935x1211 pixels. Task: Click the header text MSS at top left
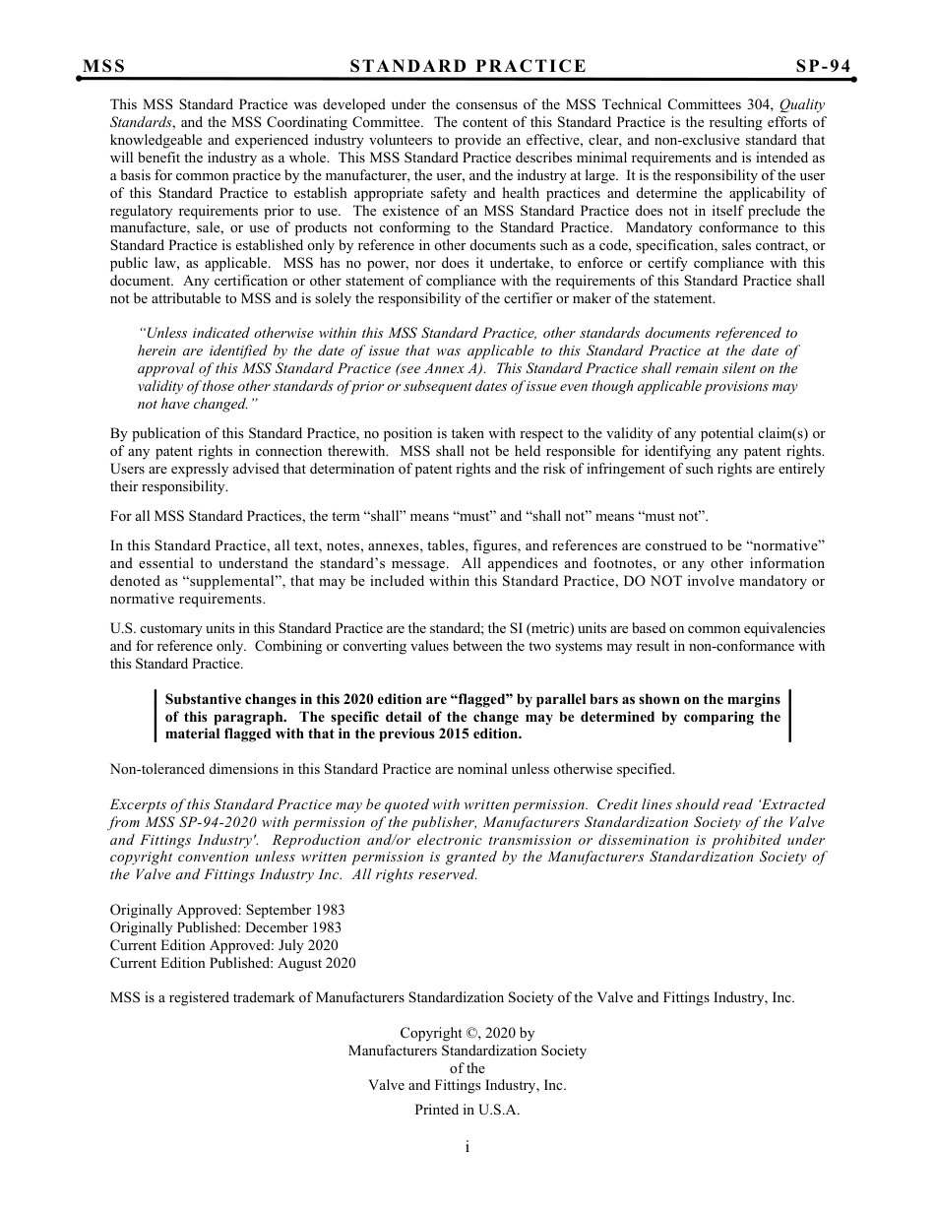click(x=104, y=67)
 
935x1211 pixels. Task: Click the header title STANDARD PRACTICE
click(x=467, y=67)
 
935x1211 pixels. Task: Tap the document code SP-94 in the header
click(x=823, y=67)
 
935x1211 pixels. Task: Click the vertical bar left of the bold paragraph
click(x=156, y=716)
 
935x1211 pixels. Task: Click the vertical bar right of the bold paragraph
click(x=789, y=716)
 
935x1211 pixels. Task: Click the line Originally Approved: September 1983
click(x=227, y=910)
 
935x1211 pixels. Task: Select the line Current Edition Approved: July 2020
click(x=223, y=945)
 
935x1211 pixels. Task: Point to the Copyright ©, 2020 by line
click(x=467, y=1033)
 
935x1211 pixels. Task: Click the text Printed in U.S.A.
click(x=467, y=1110)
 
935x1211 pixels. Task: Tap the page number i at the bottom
click(x=467, y=1146)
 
